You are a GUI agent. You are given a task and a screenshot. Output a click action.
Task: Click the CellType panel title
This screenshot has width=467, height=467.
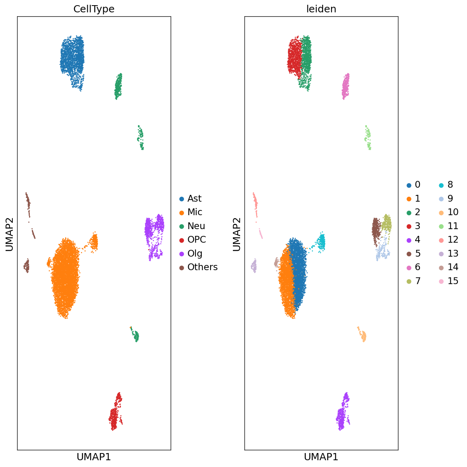pos(94,9)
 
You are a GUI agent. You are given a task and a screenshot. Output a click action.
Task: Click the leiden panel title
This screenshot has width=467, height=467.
pos(321,9)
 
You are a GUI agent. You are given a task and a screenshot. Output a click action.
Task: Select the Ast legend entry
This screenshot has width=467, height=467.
pos(194,198)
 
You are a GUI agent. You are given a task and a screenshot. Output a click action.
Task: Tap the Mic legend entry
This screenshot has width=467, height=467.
pos(195,212)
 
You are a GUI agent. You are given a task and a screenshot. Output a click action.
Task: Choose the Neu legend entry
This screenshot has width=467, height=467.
pos(196,226)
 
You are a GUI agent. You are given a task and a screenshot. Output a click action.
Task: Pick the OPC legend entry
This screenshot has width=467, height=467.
pos(197,239)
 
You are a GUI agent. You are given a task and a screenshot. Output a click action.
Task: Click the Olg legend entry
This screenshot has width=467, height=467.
pos(195,253)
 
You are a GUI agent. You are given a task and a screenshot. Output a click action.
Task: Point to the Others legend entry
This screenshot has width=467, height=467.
pos(202,267)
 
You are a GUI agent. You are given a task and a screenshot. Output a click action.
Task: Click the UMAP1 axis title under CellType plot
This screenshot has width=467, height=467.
pos(94,457)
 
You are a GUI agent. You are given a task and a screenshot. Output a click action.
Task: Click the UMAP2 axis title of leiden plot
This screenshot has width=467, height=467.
pos(236,233)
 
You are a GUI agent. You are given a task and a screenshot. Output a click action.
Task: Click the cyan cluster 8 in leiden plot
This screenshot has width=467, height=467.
pos(321,242)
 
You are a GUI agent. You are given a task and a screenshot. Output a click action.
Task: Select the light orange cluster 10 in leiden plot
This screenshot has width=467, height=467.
pos(363,336)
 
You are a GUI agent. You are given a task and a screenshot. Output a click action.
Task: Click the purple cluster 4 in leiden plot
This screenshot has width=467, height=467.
pos(342,414)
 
